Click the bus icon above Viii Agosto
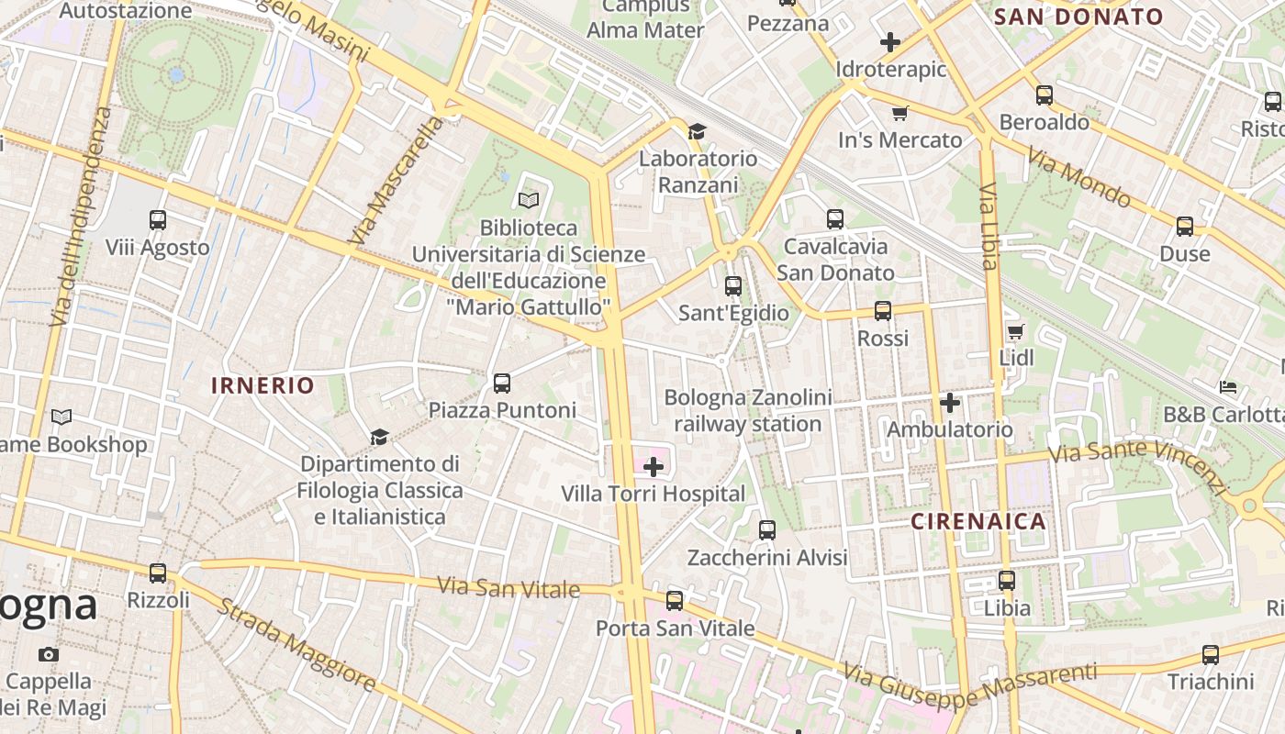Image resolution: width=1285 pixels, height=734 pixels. coord(158,220)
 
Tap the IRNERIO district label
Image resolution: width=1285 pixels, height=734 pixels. coord(263,385)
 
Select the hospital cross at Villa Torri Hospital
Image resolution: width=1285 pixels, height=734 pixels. coord(654,468)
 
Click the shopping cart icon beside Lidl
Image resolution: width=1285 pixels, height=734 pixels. coord(1015,332)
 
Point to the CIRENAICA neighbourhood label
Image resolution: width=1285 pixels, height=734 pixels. coord(978,522)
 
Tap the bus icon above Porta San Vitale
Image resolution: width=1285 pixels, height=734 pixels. coord(675,601)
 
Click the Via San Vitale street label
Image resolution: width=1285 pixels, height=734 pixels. coord(508,587)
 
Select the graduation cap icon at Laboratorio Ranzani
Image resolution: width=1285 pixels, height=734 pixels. coord(697,132)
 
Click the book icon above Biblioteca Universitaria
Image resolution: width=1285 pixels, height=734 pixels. coord(528,200)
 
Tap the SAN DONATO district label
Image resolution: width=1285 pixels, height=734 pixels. coord(1078,17)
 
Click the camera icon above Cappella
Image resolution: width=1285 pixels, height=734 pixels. coord(49,655)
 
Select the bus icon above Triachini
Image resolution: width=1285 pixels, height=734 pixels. coord(1211,655)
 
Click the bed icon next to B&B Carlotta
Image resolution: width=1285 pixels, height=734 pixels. coord(1228,387)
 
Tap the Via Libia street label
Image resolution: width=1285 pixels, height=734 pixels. coord(989,226)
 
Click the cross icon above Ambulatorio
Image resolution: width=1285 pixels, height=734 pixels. coord(950,403)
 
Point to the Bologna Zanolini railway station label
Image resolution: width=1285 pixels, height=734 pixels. coord(748,410)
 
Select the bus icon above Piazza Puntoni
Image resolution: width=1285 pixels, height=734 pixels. coord(502,384)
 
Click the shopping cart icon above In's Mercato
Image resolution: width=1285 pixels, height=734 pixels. coord(899,114)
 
